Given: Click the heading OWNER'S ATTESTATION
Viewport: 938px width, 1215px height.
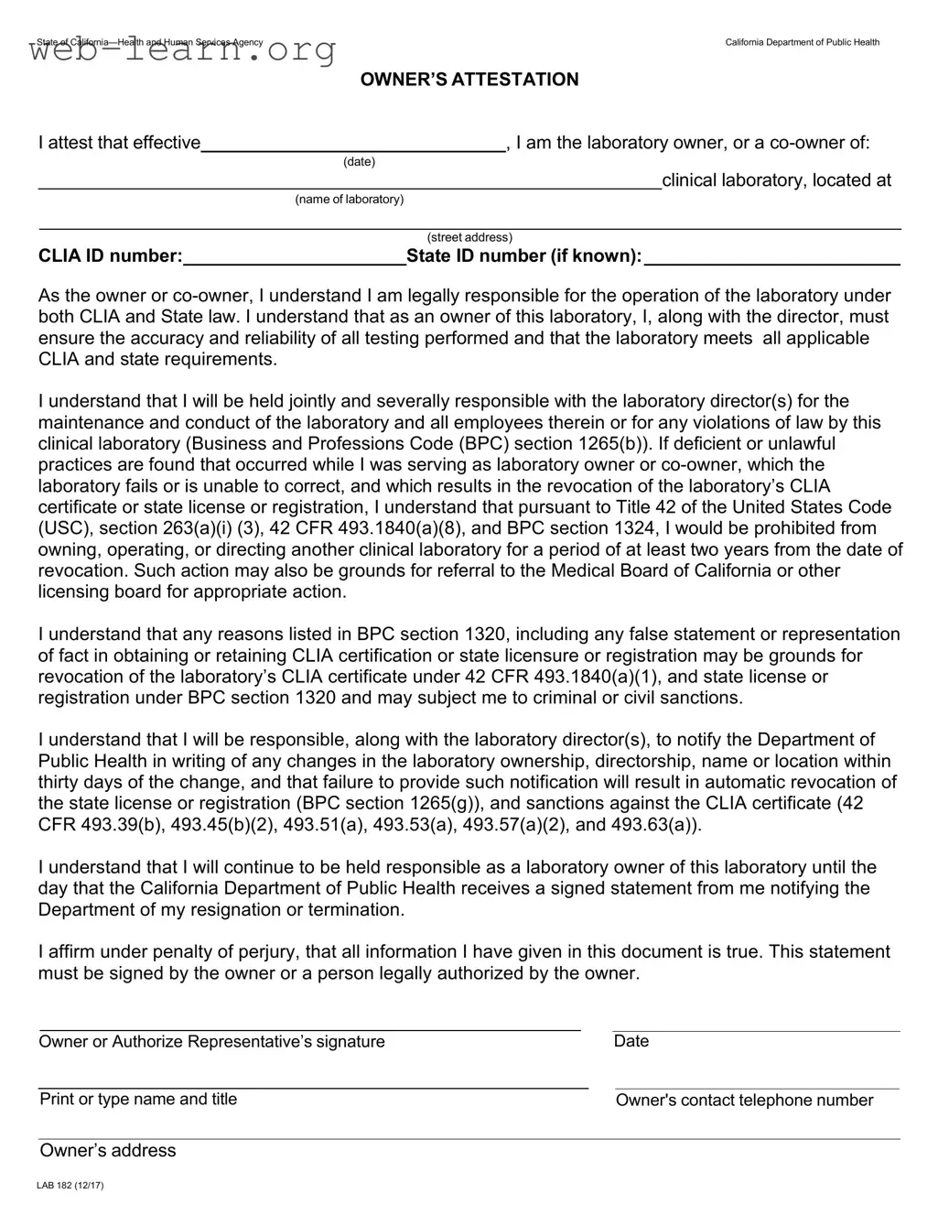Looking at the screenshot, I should click(469, 80).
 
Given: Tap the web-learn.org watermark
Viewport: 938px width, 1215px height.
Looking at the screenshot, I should click(182, 51).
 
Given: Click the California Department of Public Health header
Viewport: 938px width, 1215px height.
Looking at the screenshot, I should click(802, 42).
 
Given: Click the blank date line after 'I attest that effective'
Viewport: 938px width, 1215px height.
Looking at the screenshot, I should click(353, 143).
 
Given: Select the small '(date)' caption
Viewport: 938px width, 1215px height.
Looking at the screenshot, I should click(359, 162).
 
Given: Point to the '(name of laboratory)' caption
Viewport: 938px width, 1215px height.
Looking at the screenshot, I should click(349, 200).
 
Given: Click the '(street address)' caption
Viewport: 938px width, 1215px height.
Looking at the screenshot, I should click(469, 238).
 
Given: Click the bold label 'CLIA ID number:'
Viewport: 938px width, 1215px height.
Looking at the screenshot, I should click(110, 256).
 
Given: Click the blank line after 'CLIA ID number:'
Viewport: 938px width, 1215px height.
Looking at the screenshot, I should click(294, 257).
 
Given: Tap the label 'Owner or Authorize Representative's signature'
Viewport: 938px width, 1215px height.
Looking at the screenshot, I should click(211, 1042).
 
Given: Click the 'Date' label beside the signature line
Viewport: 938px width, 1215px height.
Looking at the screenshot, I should click(631, 1041).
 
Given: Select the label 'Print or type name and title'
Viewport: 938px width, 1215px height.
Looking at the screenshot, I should click(138, 1100).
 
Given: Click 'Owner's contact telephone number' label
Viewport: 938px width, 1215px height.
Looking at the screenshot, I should click(744, 1101).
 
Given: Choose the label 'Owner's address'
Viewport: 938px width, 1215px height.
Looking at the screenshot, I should click(107, 1151).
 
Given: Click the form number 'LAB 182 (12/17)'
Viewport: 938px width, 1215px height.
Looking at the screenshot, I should click(70, 1186).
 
